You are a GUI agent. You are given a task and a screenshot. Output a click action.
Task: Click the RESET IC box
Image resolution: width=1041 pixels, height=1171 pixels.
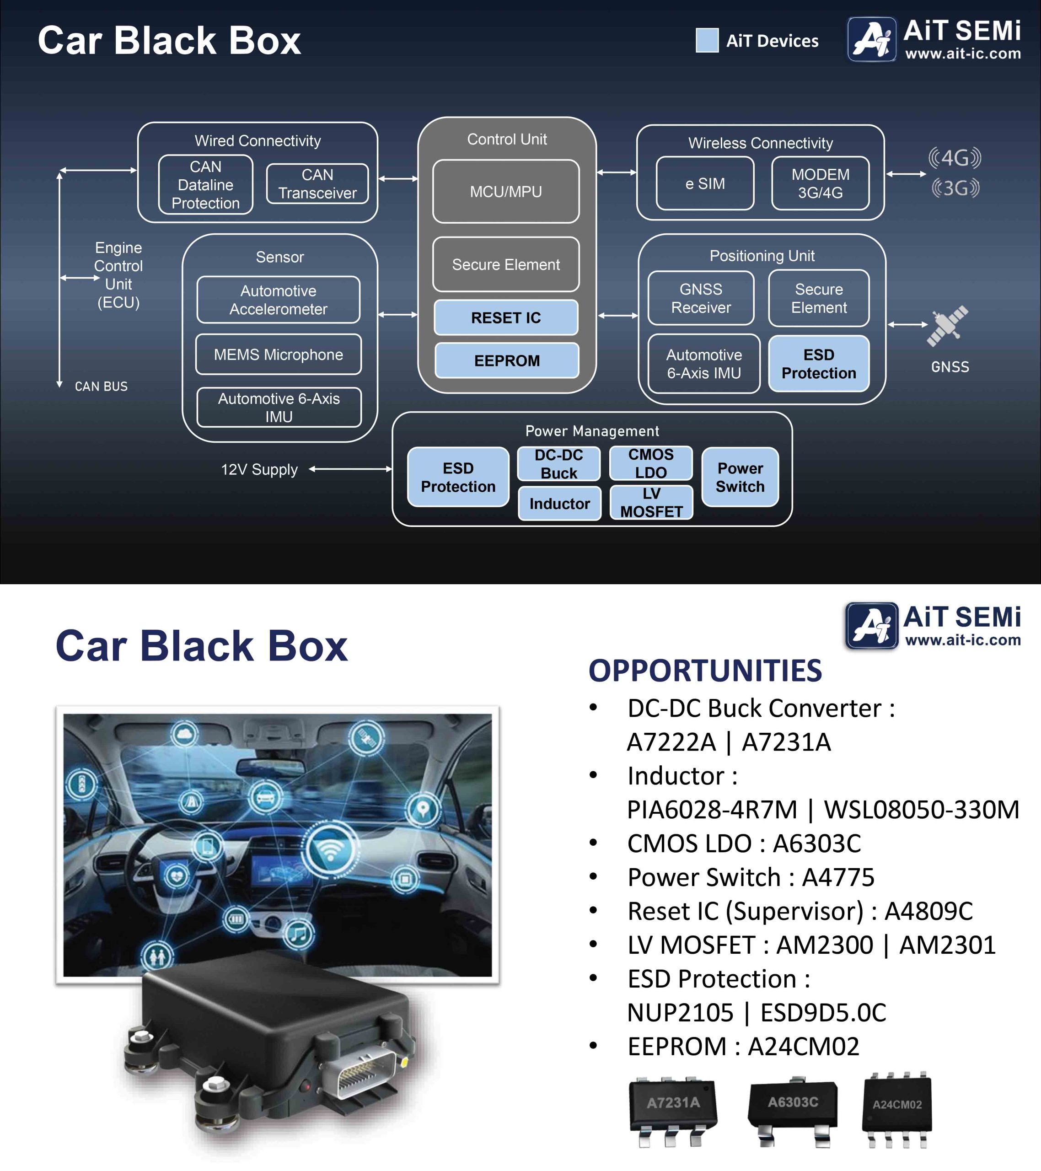tap(505, 317)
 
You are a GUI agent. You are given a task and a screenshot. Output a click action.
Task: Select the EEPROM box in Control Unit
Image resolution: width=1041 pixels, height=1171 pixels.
tap(506, 360)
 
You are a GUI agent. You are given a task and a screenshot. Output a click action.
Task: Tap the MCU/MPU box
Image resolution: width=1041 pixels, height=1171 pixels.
tap(505, 191)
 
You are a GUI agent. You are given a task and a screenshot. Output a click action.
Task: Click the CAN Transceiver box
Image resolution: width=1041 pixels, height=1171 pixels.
tap(317, 184)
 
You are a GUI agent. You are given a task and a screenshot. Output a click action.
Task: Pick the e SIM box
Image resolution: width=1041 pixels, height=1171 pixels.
tap(705, 183)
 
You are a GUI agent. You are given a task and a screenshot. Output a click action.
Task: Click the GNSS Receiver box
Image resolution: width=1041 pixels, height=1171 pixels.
tap(701, 298)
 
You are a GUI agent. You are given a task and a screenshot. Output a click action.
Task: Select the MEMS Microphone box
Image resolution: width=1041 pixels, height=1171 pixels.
tap(279, 355)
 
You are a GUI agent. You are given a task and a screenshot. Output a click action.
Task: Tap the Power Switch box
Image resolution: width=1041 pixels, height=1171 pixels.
tap(740, 477)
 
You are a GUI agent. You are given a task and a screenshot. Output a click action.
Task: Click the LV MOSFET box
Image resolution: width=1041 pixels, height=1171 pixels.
tap(651, 502)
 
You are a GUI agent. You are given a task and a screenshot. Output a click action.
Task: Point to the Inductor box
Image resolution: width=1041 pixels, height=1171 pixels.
tap(559, 504)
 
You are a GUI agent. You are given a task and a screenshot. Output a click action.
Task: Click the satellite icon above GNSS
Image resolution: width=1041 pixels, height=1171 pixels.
tap(948, 325)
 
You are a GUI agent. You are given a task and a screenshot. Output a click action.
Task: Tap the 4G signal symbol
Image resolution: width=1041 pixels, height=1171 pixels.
tap(955, 157)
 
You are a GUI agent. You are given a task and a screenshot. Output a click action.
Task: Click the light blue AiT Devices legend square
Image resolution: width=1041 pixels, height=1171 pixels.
tap(707, 40)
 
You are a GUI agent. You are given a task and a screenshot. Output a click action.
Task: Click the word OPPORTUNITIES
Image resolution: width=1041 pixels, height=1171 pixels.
tap(705, 670)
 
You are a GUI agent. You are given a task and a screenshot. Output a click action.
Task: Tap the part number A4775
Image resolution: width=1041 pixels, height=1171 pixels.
tap(837, 877)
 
